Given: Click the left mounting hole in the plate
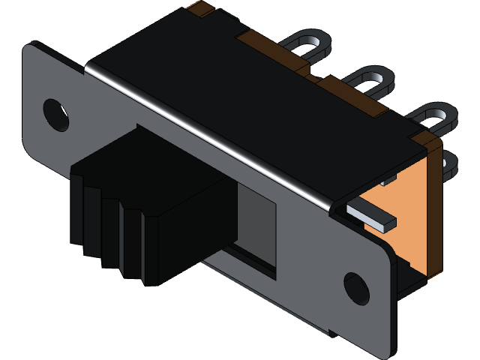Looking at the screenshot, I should coord(55,112).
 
